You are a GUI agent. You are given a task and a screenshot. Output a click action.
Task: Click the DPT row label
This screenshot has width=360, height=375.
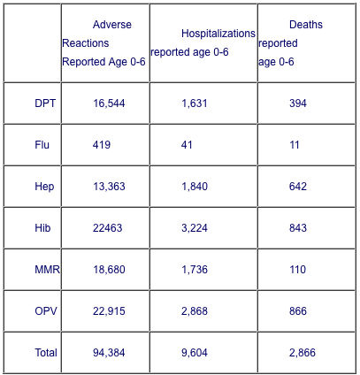tap(45, 103)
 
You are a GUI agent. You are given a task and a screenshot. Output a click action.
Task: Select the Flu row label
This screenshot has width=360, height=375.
tap(42, 145)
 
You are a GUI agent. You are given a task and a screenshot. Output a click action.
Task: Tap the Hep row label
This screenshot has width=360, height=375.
tap(44, 187)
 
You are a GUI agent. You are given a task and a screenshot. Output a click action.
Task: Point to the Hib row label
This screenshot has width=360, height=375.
tap(42, 228)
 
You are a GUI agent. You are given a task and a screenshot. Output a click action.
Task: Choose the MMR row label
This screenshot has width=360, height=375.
tap(47, 270)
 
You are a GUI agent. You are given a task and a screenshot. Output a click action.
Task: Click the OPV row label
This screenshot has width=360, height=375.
tap(46, 311)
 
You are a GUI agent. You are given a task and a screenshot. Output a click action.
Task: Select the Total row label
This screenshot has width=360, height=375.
tap(46, 353)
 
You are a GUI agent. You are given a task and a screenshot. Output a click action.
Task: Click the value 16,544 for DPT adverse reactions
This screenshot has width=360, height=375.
tap(109, 103)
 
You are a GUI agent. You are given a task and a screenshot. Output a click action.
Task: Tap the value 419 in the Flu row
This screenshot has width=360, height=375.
tap(102, 145)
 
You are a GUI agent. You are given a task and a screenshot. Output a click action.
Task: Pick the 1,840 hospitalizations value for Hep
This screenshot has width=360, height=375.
tap(195, 187)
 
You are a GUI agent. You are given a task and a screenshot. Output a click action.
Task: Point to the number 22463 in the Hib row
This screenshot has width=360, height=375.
tap(107, 228)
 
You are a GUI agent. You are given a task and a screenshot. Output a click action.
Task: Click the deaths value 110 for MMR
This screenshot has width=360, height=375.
tap(297, 270)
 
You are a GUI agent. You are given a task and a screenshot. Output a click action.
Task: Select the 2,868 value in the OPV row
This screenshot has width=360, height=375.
tap(195, 311)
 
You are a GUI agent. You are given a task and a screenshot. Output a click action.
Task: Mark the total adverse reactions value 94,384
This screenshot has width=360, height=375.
tap(109, 353)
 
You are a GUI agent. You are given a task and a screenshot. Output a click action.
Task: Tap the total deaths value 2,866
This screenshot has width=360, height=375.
tap(303, 353)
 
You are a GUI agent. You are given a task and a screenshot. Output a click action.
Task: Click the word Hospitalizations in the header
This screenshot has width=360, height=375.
tap(218, 34)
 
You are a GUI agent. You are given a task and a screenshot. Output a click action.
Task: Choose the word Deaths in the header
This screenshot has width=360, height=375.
tap(306, 25)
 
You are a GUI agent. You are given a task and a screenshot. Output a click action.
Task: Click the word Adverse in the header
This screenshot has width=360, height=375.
tap(112, 25)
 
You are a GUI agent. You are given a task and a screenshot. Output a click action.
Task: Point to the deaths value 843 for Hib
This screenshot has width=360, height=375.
tap(298, 228)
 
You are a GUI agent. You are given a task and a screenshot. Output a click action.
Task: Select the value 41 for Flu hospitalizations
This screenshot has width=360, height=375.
tap(187, 145)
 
